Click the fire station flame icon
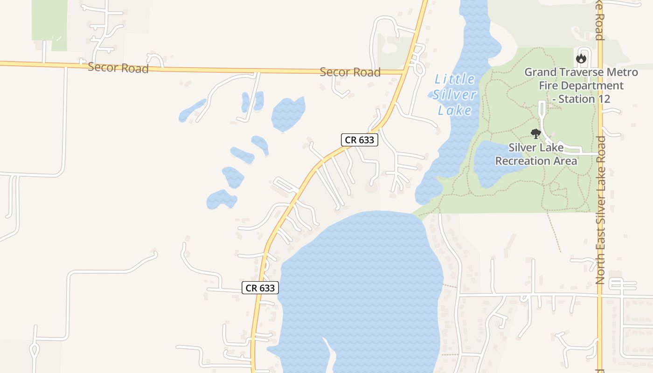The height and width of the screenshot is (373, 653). tap(581, 58)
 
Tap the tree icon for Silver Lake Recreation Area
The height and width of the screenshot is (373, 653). tap(536, 134)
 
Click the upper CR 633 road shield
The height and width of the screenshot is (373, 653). tap(359, 140)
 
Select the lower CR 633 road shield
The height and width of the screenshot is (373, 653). tap(260, 288)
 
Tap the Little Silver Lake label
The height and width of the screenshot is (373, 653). tap(454, 95)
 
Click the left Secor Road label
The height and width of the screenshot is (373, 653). tap(118, 68)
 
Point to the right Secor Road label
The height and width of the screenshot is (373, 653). tap(350, 72)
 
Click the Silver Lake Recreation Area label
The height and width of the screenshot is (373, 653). tap(536, 154)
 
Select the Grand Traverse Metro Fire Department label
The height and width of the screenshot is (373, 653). tap(581, 85)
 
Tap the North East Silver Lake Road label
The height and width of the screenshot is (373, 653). tap(600, 210)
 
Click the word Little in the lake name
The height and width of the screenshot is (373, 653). tap(454, 79)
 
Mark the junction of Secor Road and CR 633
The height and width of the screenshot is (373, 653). tap(404, 71)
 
